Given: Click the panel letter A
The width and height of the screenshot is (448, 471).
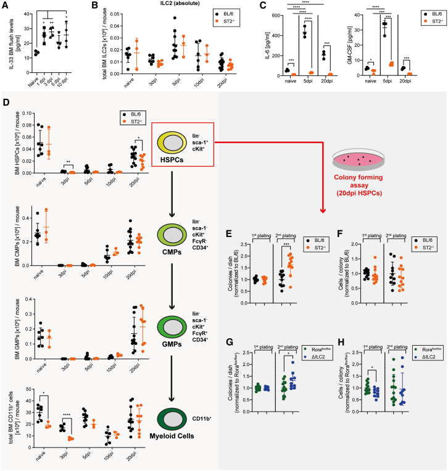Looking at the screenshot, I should [5, 6].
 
